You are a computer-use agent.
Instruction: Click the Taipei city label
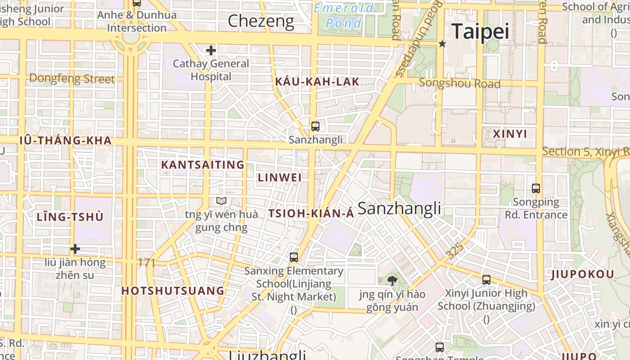point(480,31)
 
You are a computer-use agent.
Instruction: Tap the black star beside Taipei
point(442,44)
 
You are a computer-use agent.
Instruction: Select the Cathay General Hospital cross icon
point(211,50)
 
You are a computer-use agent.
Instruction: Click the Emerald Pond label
point(344,15)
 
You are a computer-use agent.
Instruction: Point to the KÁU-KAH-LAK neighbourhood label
point(317,82)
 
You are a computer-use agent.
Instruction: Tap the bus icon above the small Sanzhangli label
point(315,126)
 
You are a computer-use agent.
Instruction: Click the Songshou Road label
point(459,83)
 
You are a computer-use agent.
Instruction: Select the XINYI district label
point(510,134)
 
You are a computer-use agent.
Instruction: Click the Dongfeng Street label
point(72,79)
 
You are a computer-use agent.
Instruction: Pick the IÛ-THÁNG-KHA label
point(66,140)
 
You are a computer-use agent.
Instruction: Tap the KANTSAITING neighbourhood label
point(202,165)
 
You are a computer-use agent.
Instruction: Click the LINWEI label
point(279,177)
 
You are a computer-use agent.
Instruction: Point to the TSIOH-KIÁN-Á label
point(311,214)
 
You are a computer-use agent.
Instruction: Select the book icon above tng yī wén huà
point(221,201)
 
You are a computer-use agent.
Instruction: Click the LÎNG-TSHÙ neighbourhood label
point(70,217)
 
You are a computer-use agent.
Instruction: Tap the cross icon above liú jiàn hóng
point(75,249)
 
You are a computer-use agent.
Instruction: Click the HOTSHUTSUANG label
point(173,291)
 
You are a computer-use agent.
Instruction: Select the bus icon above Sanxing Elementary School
point(294,257)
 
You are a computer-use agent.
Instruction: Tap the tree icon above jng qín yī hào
point(392,281)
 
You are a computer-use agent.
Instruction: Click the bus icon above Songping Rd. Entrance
point(535,189)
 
